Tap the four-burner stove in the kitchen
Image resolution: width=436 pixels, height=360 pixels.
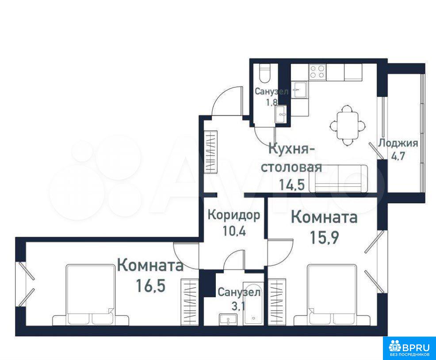[x=317, y=72]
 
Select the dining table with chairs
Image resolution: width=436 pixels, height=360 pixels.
[x=347, y=125]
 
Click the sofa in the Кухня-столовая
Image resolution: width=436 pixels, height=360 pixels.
[x=338, y=178]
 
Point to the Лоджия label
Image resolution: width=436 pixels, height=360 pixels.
[x=398, y=143]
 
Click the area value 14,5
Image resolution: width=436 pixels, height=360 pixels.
[x=292, y=184]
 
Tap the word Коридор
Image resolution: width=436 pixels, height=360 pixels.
[x=234, y=215]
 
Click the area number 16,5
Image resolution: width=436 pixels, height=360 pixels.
[x=151, y=285]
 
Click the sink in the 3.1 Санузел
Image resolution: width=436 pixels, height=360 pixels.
[x=228, y=319]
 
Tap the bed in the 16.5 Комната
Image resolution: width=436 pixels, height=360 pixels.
[x=91, y=295]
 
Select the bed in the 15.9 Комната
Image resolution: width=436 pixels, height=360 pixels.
[x=332, y=295]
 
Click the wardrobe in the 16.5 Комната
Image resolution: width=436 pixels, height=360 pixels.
[x=190, y=302]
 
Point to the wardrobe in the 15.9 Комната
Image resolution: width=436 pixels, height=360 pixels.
[x=277, y=302]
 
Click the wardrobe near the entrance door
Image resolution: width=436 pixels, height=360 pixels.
[x=210, y=152]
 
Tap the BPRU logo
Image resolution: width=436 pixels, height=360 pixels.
[x=409, y=349]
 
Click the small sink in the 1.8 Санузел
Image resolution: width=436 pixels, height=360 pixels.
[x=281, y=114]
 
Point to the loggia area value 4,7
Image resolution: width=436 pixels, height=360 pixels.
[x=398, y=155]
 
